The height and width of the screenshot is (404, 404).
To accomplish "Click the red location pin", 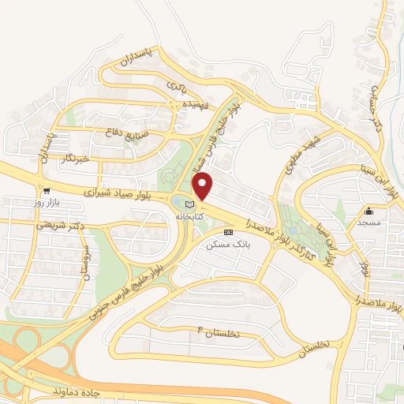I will (203, 186).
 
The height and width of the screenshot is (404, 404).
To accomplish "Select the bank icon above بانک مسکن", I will (228, 233).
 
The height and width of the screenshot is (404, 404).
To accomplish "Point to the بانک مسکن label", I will (227, 245).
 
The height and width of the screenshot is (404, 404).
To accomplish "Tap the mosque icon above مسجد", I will (368, 211).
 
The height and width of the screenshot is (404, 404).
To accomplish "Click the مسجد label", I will (368, 223).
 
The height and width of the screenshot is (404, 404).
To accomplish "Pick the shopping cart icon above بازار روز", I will (47, 190).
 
